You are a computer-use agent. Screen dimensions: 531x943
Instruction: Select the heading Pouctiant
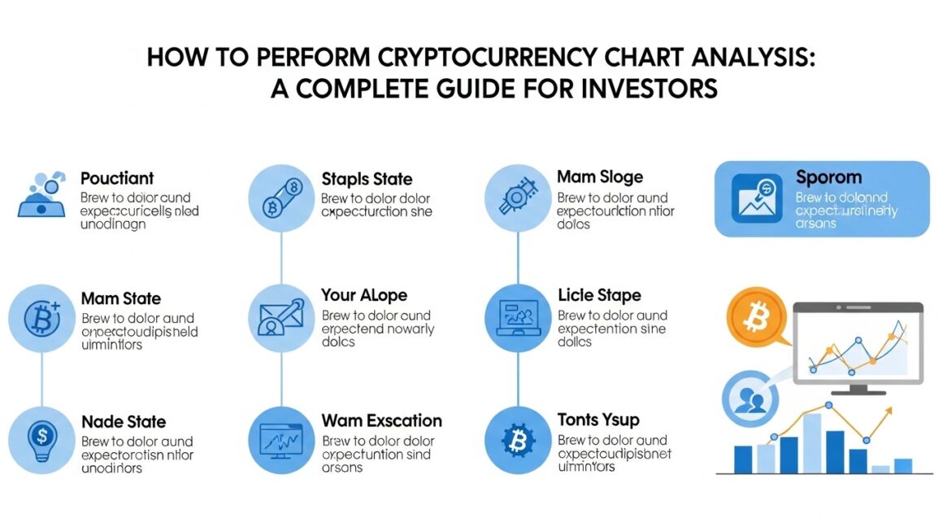(x=117, y=178)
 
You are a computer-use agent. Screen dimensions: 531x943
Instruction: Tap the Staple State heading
(x=367, y=179)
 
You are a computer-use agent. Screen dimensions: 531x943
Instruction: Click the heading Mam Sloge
(x=600, y=177)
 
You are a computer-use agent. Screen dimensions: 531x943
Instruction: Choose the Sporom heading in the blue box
(x=828, y=178)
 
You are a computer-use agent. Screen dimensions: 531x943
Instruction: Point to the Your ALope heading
(x=364, y=295)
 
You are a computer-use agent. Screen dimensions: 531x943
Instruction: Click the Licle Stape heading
(x=599, y=295)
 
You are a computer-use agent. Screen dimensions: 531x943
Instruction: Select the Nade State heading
(x=124, y=422)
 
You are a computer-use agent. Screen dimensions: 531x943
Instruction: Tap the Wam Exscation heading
(x=382, y=421)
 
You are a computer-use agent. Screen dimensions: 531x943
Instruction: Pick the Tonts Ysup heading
(x=598, y=420)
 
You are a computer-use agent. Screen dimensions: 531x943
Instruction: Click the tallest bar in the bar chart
(x=811, y=443)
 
